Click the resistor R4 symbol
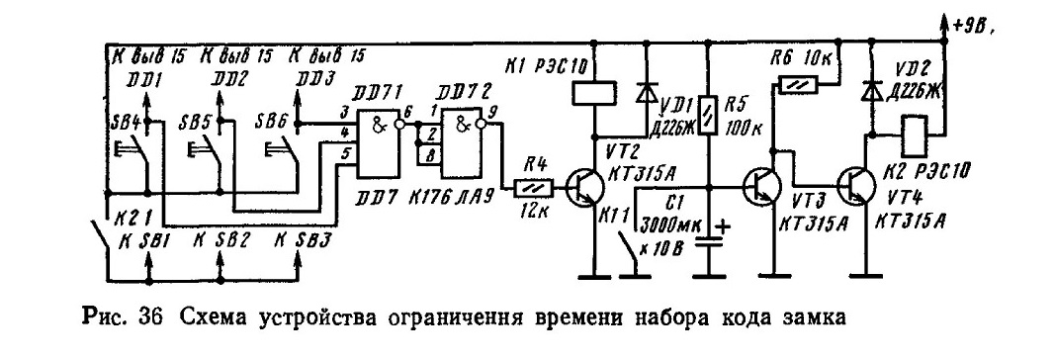pyautogui.click(x=533, y=188)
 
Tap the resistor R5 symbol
pyautogui.click(x=709, y=115)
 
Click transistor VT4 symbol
pyautogui.click(x=856, y=186)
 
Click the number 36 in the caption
pyautogui.click(x=154, y=316)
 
